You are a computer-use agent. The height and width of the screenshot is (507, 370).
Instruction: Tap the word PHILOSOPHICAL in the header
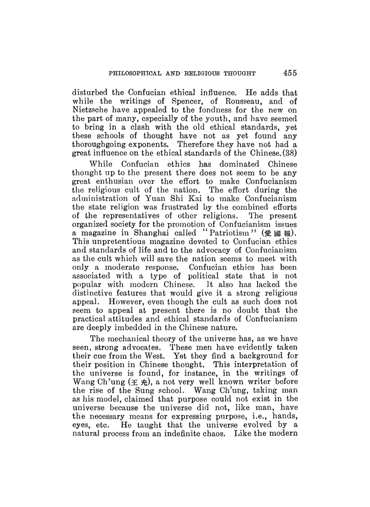[132, 73]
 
